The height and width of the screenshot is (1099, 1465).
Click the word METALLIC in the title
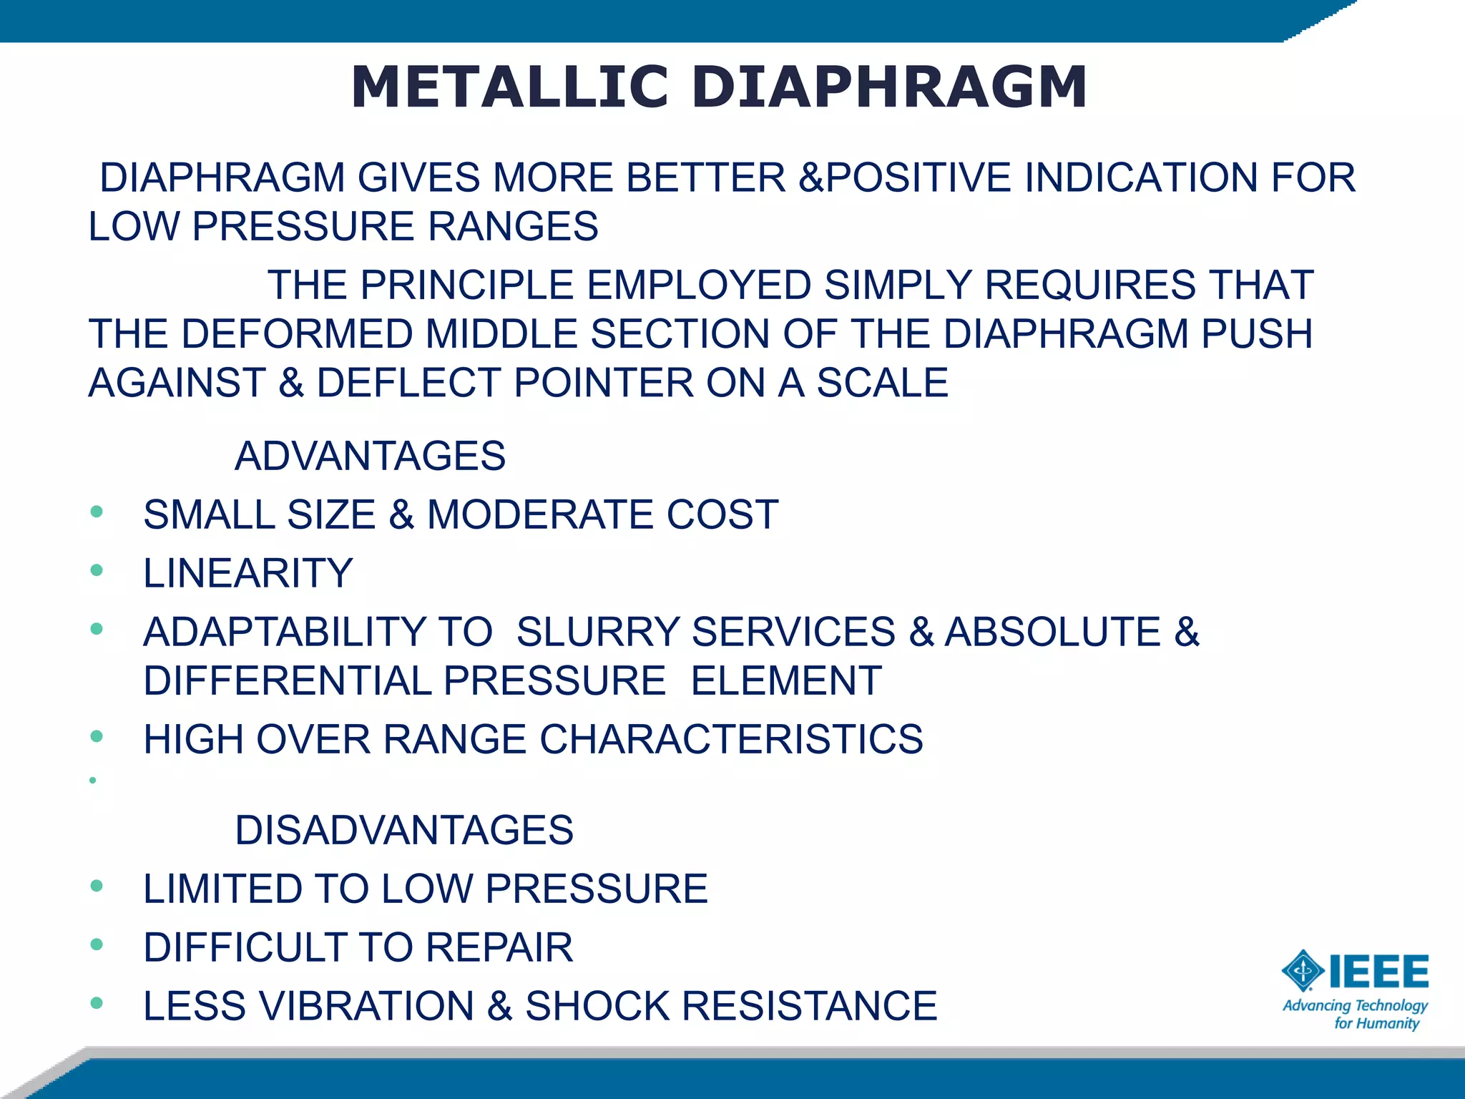(x=509, y=87)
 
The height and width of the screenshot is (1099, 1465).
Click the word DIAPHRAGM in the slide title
(x=889, y=87)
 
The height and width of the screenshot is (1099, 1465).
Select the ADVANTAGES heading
(x=370, y=456)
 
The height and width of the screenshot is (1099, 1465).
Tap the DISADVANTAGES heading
(x=404, y=830)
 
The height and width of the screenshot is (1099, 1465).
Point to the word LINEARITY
(x=248, y=573)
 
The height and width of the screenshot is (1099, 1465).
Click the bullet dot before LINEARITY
(x=97, y=571)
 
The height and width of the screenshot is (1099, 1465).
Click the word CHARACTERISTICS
(x=731, y=739)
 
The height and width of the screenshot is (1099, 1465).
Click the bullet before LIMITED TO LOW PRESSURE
(x=97, y=886)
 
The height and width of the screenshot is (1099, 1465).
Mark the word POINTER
(x=604, y=383)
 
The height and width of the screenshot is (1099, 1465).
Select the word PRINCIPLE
(x=466, y=285)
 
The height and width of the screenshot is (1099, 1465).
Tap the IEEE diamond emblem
(x=1303, y=971)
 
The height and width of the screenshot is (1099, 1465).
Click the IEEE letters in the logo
(x=1378, y=972)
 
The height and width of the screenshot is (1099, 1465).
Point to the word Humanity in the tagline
(x=1387, y=1024)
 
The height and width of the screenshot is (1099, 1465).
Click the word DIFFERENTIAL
(x=287, y=680)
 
